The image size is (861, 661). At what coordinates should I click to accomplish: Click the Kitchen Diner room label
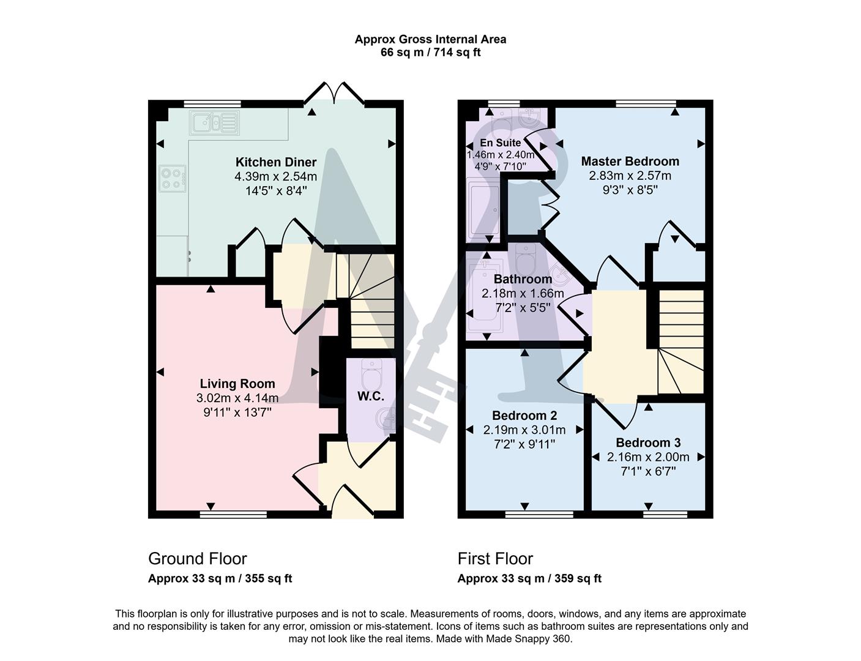tap(276, 162)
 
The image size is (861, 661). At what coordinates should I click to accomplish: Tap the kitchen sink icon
tap(214, 123)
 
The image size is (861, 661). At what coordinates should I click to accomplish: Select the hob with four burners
tap(173, 178)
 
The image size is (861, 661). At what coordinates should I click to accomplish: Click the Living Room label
tap(237, 384)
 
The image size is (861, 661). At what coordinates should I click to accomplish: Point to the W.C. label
tap(371, 396)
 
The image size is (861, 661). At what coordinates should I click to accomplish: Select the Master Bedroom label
tap(630, 162)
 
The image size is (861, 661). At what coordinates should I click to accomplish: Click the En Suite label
tap(500, 143)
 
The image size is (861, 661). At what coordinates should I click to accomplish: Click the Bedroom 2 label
tap(524, 416)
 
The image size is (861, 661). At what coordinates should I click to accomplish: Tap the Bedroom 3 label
tap(648, 443)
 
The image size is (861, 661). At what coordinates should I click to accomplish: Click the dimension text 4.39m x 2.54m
tap(276, 176)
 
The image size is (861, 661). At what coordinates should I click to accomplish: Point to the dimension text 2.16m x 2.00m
tap(648, 457)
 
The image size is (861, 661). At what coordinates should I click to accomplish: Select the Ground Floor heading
tap(198, 559)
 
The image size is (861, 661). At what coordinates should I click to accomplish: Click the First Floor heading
tap(495, 559)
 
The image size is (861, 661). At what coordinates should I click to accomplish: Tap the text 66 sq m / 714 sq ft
tap(430, 53)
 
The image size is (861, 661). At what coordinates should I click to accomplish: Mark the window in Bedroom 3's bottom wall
tap(665, 514)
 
